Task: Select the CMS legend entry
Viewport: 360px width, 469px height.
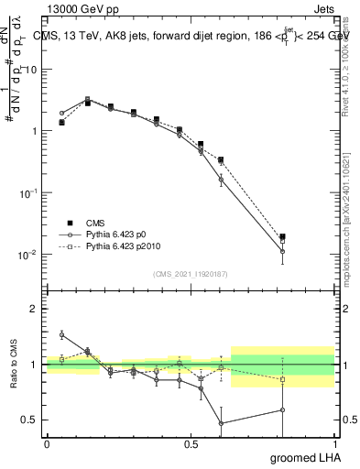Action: tap(98, 223)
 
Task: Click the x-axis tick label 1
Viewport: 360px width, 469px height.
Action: tap(333, 444)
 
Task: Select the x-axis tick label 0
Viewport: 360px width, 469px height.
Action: tap(47, 444)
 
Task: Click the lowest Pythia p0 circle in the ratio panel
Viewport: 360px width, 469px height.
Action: tap(222, 423)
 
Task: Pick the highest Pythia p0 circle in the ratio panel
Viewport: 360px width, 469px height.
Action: tap(61, 334)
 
